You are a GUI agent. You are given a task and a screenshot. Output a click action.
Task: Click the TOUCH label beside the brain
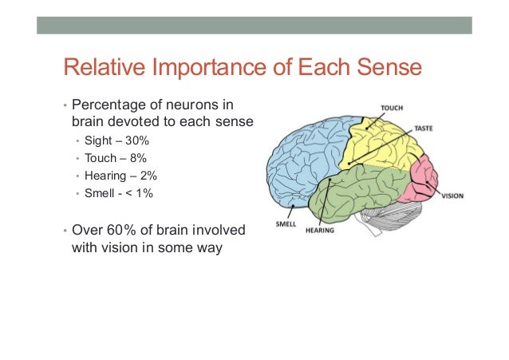point(391,107)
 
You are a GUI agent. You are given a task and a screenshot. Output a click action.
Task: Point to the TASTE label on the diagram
point(424,128)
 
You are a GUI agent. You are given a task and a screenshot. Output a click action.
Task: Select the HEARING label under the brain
point(319,231)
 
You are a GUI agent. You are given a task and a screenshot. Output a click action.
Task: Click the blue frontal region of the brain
point(303,160)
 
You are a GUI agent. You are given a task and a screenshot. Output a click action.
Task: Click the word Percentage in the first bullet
point(107,105)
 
